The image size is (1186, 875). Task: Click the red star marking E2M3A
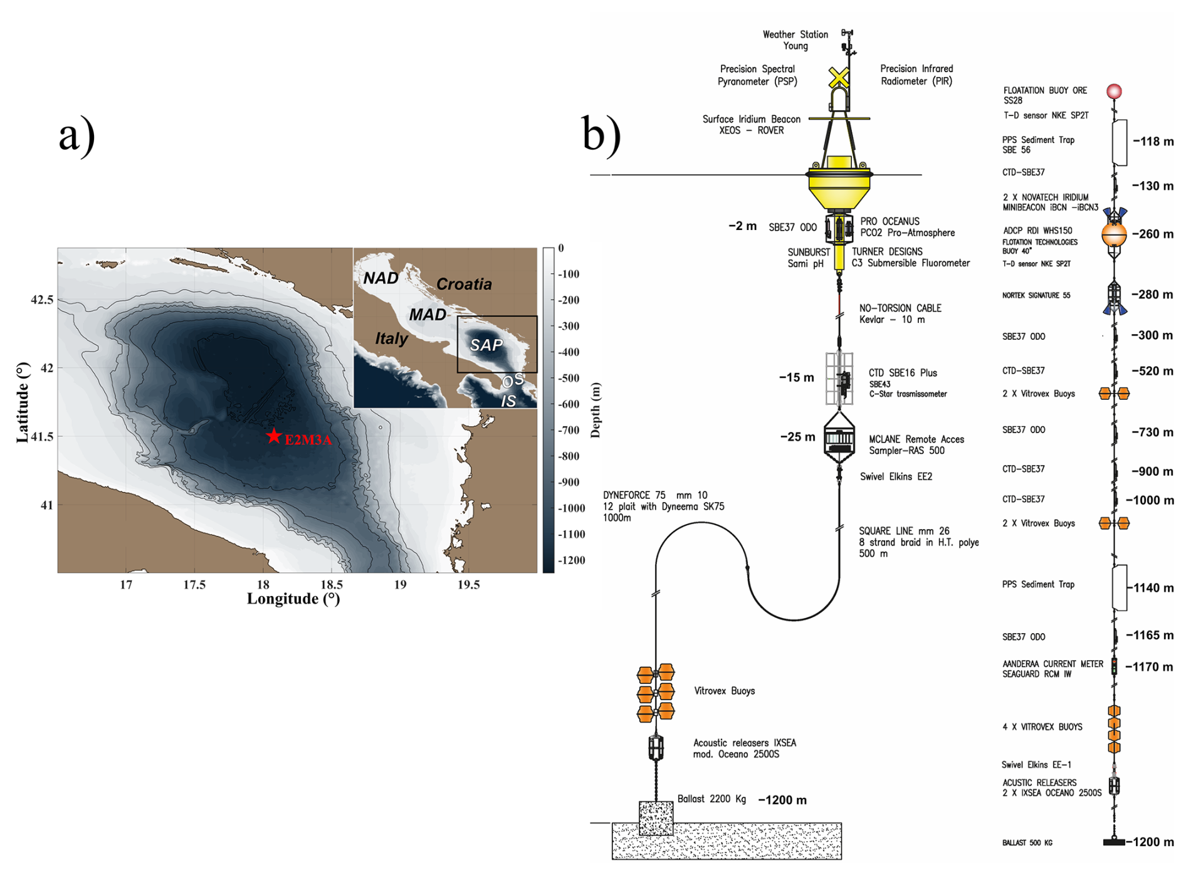(273, 436)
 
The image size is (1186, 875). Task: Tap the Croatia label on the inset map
(464, 284)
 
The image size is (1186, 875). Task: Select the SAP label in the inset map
(486, 345)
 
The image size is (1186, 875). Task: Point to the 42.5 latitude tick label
(42, 300)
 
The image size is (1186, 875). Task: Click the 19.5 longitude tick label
(468, 585)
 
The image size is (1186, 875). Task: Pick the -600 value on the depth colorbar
(569, 404)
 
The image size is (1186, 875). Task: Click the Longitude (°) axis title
(293, 599)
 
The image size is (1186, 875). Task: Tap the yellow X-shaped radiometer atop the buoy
(839, 77)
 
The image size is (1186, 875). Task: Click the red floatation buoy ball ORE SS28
(1113, 92)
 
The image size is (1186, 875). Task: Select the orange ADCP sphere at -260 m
(1114, 234)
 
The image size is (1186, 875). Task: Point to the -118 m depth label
(1153, 142)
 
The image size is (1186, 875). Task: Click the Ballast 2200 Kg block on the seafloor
(656, 818)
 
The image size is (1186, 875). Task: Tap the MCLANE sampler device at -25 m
(839, 438)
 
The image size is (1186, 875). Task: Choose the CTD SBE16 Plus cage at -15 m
(839, 379)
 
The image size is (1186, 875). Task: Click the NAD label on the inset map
(380, 278)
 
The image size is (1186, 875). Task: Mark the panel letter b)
(601, 134)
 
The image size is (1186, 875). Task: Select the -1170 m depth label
(1149, 667)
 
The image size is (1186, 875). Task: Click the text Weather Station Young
(795, 40)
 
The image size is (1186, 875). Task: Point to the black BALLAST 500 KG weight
(1114, 842)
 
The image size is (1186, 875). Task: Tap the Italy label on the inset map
(391, 338)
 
